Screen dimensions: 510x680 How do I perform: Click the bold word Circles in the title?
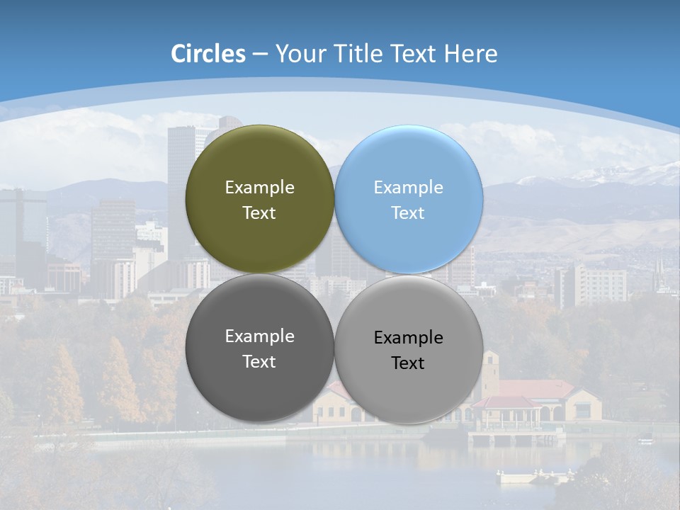click(208, 54)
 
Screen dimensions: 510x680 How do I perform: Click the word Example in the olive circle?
click(259, 188)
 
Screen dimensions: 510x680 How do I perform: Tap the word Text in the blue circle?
click(408, 213)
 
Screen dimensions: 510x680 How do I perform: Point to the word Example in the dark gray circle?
click(259, 336)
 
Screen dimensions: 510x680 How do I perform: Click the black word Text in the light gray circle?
click(408, 363)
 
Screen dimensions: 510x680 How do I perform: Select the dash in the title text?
click(260, 55)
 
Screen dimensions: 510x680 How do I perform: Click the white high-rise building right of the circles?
click(591, 285)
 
